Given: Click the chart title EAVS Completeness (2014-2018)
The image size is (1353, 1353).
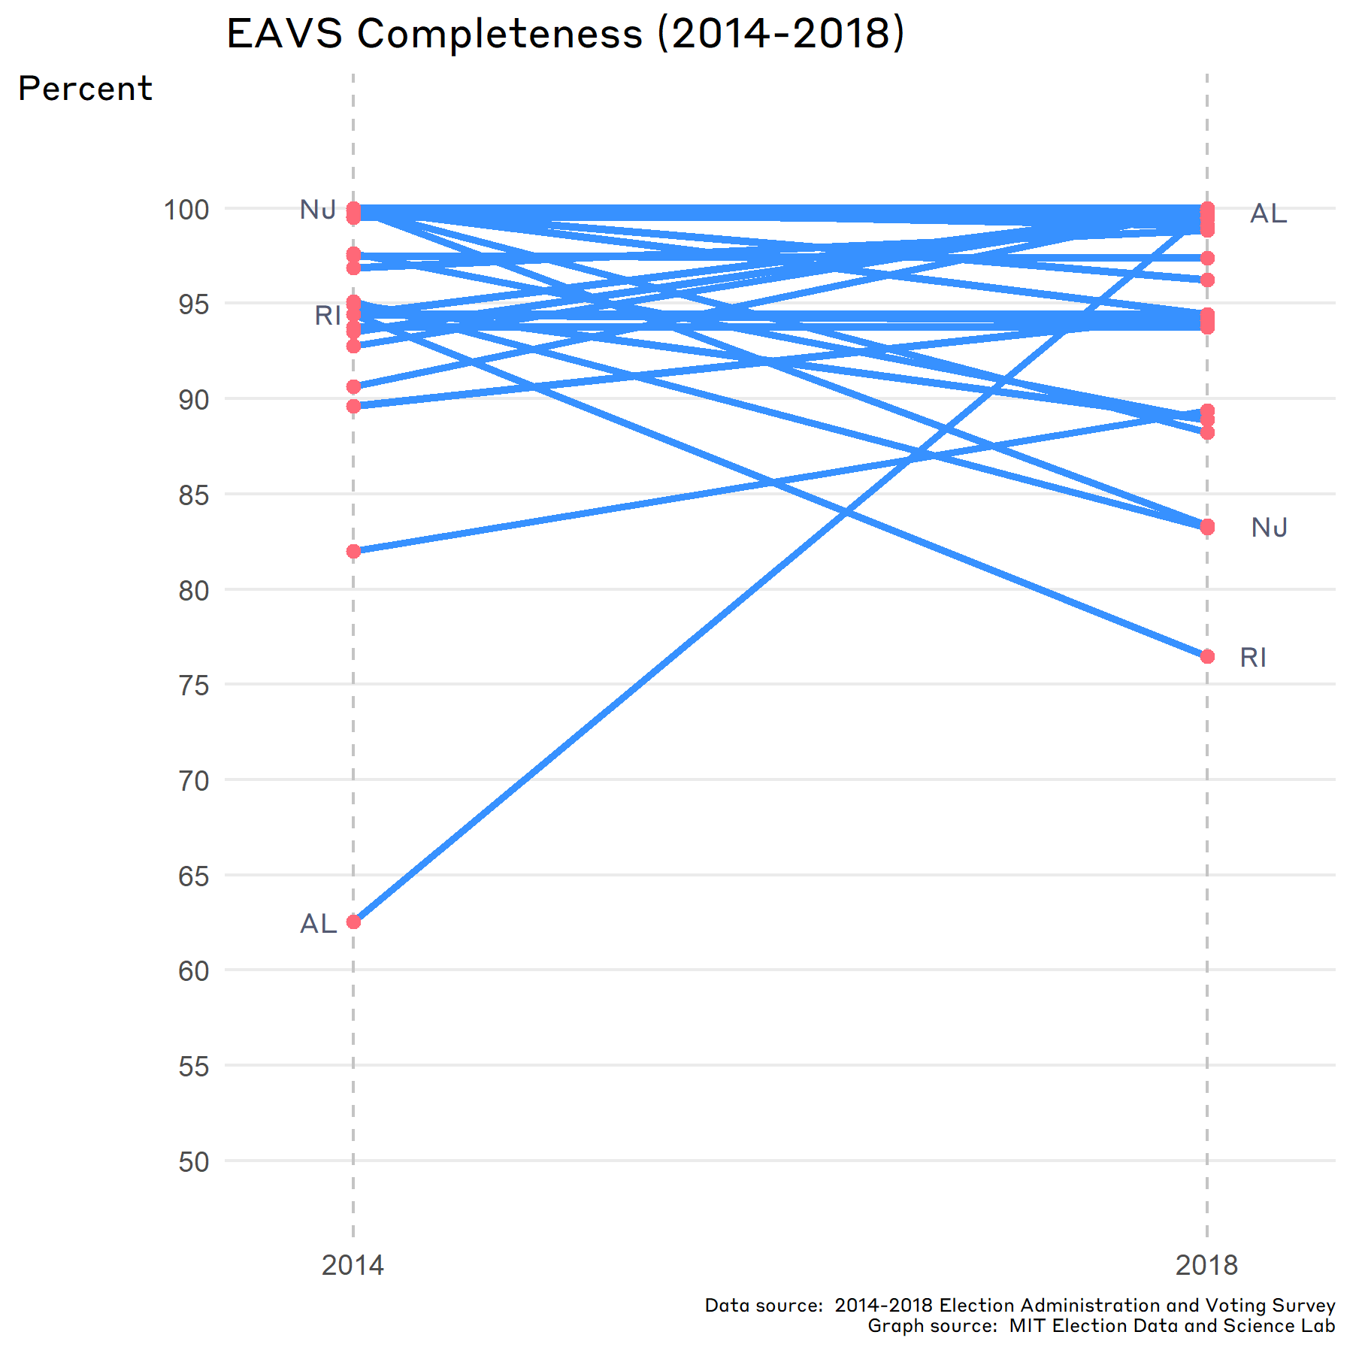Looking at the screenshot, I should [565, 35].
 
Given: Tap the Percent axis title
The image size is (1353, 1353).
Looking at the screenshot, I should [85, 89].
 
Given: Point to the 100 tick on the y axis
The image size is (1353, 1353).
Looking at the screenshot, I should [186, 210].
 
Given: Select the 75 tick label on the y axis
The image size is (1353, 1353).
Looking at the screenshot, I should [193, 686].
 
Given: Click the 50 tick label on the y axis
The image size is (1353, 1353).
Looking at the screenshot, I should [193, 1162].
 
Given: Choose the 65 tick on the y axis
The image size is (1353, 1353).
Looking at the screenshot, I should [193, 876].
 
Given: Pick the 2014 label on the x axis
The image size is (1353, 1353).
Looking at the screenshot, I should [353, 1266].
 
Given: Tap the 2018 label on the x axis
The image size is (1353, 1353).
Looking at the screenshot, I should [1206, 1266].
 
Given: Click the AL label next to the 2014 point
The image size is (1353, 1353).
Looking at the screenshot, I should [319, 924].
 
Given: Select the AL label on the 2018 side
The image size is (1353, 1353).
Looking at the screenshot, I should [1268, 214].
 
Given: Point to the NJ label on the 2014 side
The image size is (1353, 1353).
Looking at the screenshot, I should [318, 210].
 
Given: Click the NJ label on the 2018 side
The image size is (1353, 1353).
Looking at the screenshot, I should [1270, 528].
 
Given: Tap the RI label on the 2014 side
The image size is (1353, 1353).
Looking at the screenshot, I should [328, 316].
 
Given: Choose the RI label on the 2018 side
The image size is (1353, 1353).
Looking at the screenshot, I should [1253, 658].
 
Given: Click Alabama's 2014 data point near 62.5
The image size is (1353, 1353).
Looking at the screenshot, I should [353, 922].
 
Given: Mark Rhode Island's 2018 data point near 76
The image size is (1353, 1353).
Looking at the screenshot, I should [1207, 657].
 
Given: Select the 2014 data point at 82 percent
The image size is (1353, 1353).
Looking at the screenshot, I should [353, 551].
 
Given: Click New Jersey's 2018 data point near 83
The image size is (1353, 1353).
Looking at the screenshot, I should [1207, 527].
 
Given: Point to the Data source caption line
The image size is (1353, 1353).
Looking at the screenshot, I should [1019, 1306].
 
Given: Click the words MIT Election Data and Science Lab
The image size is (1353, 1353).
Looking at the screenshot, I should [1172, 1326].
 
